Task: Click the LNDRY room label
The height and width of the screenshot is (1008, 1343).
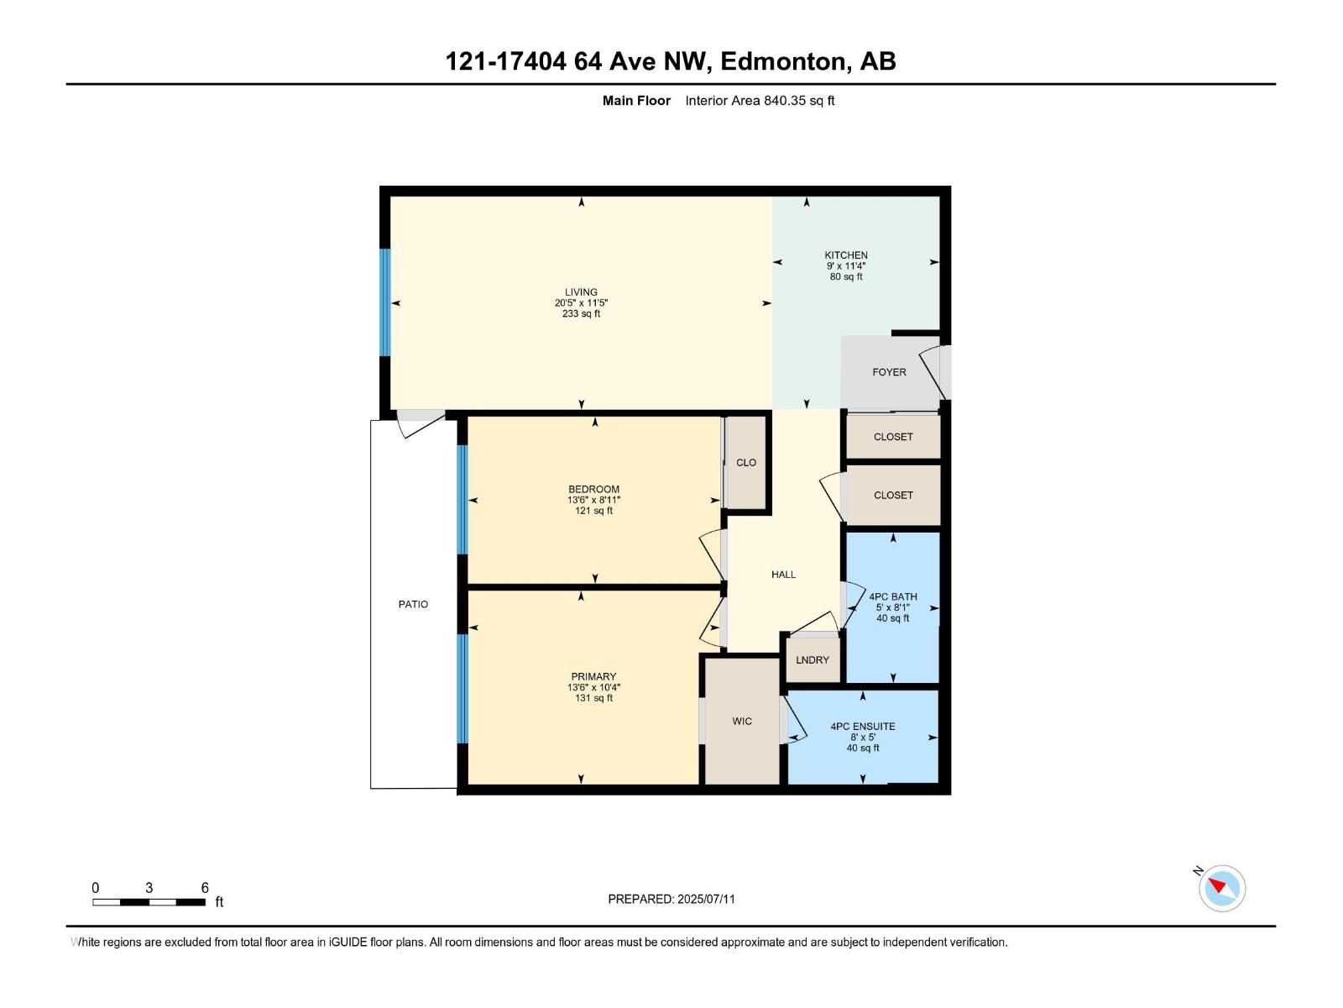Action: (812, 660)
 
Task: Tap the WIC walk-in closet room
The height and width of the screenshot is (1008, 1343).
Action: (742, 722)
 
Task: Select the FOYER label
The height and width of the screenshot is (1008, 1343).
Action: (889, 372)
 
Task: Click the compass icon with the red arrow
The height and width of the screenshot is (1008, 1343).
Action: (1221, 888)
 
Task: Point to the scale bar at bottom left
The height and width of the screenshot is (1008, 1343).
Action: (149, 901)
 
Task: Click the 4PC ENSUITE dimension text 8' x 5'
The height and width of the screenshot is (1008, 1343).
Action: (863, 738)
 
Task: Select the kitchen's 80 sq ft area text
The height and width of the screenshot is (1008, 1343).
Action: (846, 277)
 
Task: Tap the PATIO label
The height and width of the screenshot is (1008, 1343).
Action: (413, 604)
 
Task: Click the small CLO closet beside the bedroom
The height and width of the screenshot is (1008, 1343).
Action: (746, 463)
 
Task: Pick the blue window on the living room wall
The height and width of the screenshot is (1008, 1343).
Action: (385, 302)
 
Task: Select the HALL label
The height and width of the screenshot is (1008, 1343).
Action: (783, 575)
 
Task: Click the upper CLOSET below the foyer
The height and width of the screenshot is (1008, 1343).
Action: (893, 437)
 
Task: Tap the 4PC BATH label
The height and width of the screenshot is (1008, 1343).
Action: (893, 597)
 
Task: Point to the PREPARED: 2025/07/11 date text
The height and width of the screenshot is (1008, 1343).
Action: (671, 899)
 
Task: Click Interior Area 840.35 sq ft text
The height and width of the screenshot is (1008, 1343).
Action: (760, 101)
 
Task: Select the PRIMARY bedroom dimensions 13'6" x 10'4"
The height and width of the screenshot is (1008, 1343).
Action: (593, 687)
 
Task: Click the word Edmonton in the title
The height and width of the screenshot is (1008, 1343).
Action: (782, 61)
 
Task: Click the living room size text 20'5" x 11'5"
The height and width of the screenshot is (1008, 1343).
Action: (581, 303)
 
